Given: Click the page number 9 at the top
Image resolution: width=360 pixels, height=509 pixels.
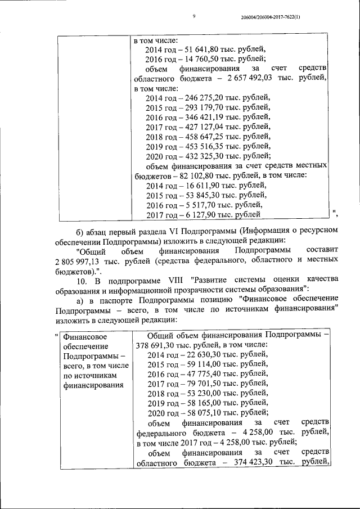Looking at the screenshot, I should click(193, 17).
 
